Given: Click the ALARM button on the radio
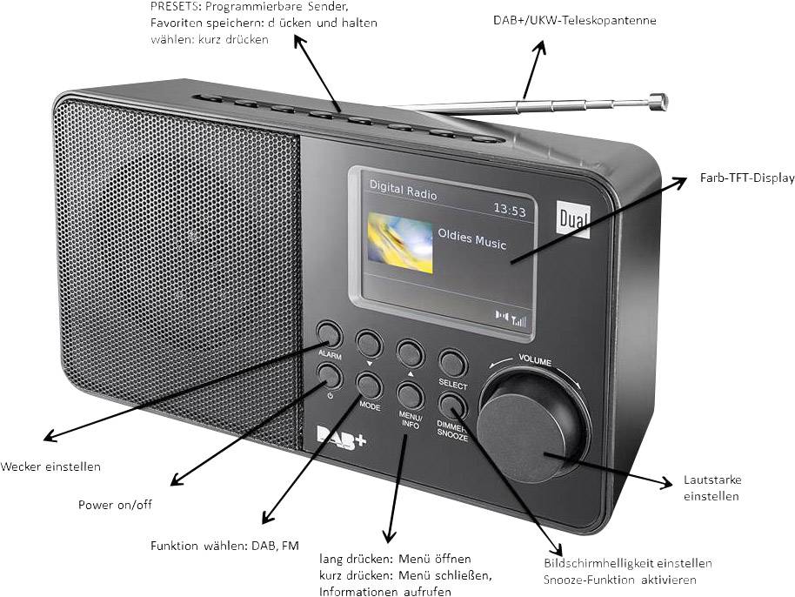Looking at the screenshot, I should [328, 333].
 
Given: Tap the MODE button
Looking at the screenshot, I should [368, 384].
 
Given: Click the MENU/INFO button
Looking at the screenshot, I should [410, 394].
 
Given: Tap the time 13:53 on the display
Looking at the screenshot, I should [510, 210].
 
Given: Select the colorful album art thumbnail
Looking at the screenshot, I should [398, 244].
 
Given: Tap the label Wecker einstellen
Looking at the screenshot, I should [51, 466].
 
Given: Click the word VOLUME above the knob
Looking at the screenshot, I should [535, 359].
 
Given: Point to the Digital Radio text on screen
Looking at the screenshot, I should [403, 186].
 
